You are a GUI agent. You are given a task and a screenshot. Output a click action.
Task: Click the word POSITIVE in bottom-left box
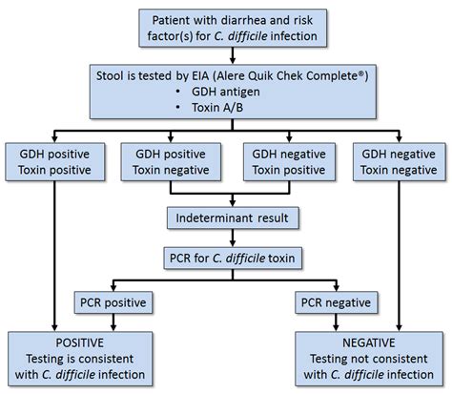[x=78, y=341]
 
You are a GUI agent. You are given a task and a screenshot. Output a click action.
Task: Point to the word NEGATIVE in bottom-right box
[x=373, y=341]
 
